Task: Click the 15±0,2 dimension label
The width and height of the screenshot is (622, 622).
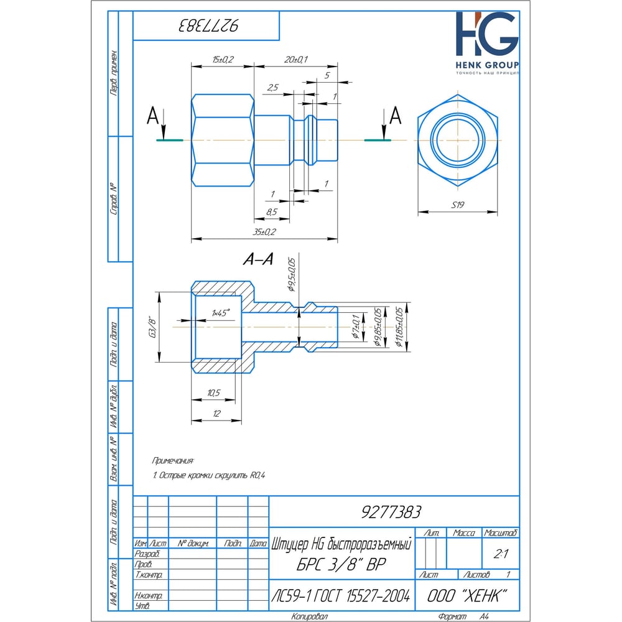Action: click(x=222, y=60)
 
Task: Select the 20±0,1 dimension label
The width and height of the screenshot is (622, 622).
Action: click(x=297, y=60)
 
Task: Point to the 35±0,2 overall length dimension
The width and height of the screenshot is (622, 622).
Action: click(x=264, y=232)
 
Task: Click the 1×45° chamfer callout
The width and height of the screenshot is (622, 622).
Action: click(x=220, y=312)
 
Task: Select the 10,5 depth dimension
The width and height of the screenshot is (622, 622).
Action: click(x=213, y=393)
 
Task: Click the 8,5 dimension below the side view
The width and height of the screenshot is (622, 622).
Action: click(x=272, y=212)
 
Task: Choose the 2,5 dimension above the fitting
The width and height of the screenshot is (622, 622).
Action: click(x=272, y=88)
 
